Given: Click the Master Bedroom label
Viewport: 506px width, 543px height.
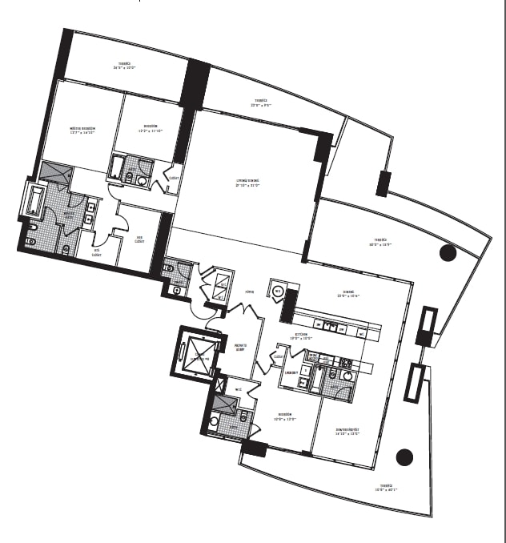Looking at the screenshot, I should pos(82,129).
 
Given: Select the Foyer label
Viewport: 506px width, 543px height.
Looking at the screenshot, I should pos(250,295).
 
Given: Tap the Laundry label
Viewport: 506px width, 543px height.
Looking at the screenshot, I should pos(291,372).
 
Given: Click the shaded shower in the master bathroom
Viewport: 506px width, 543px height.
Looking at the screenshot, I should pos(58,174).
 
